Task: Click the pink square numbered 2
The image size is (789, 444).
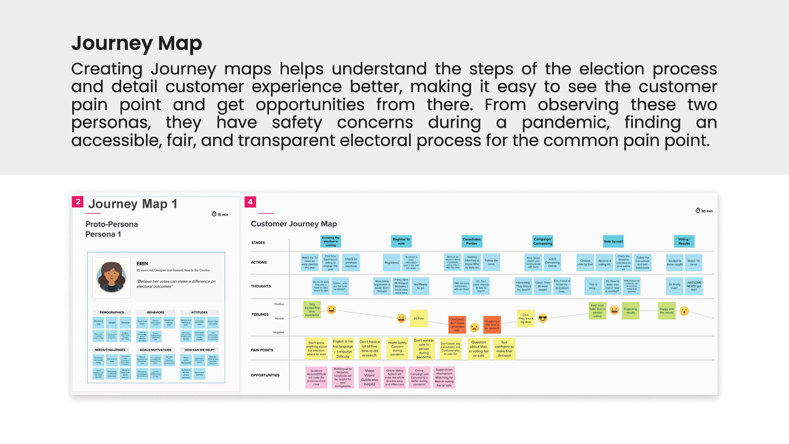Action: [x=78, y=202]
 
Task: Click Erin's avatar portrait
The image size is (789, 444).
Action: [x=112, y=277]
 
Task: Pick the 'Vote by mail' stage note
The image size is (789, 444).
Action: [x=613, y=241]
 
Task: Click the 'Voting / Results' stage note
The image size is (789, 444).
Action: [x=684, y=241]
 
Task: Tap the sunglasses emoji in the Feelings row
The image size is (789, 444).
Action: [x=543, y=319]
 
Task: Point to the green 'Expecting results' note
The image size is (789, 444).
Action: [x=630, y=311]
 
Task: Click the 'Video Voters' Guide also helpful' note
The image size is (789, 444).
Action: [x=370, y=377]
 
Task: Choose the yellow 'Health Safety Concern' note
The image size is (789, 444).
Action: [x=397, y=349]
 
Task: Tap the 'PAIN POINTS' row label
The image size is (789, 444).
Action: [x=262, y=350]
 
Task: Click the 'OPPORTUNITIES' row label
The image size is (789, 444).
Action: [x=265, y=375]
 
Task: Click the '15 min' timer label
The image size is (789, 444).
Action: [x=220, y=214]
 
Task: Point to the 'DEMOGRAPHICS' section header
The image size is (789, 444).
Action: [x=112, y=312]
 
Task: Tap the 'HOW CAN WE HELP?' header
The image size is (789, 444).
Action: [x=199, y=350]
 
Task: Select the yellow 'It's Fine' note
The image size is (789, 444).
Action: [x=419, y=318]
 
